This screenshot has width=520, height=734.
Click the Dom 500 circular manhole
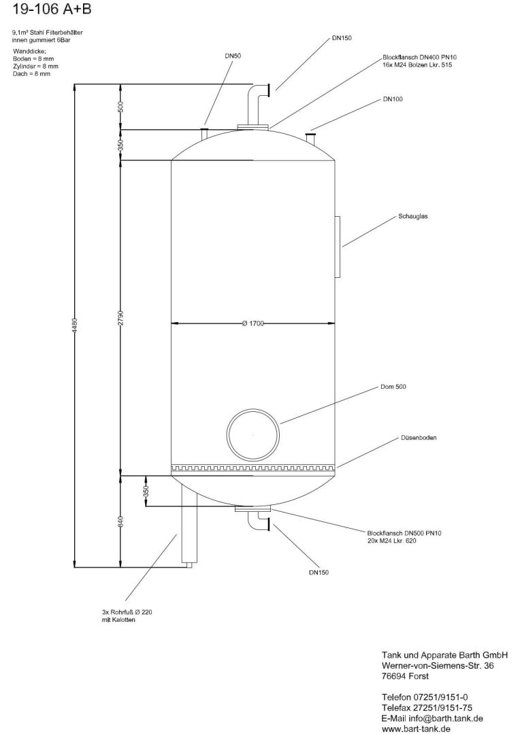tap(253, 434)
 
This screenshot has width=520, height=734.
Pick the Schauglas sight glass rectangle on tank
tap(337, 246)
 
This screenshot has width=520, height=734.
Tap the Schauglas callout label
tap(412, 217)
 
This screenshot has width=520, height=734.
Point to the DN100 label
tap(393, 99)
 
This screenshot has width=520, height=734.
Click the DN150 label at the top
tap(342, 39)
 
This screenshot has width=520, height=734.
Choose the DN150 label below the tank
tap(318, 572)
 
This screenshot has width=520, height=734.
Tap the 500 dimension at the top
tap(120, 107)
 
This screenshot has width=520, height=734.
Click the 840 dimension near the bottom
tap(120, 522)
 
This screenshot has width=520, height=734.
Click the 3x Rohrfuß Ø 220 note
tap(127, 612)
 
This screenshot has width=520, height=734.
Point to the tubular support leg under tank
tap(189, 530)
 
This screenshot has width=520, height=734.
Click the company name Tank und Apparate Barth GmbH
tap(445, 654)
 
